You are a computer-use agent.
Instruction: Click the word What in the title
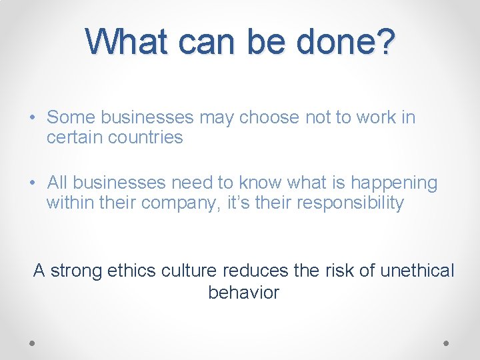126,41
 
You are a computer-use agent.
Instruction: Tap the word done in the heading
337,41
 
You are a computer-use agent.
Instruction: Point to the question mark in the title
386,41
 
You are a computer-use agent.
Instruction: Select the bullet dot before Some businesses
33,118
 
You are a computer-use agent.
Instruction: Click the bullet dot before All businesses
33,183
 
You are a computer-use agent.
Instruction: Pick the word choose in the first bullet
270,118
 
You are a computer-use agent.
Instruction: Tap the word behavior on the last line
243,292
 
